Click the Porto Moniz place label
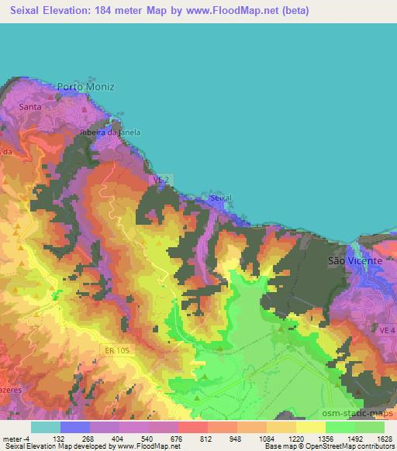[91, 87]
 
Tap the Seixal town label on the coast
[221, 198]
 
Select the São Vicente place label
[355, 261]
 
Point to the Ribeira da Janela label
[111, 133]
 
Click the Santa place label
[30, 106]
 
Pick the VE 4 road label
[387, 330]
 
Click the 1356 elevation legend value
[326, 438]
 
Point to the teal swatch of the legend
[45, 427]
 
